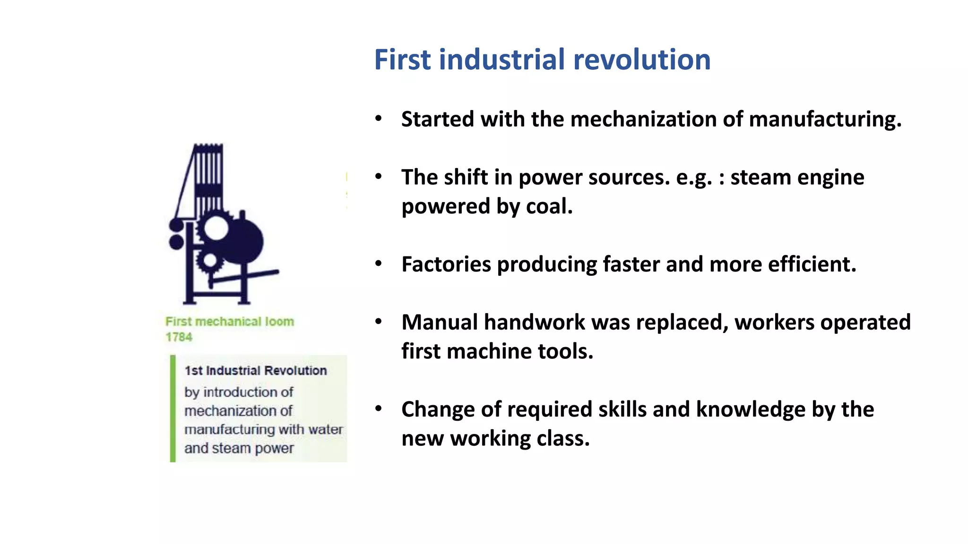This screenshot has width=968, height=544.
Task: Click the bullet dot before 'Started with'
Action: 378,119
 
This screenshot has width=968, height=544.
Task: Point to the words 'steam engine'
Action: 797,178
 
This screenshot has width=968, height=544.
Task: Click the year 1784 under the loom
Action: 179,337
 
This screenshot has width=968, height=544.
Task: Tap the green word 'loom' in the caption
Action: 279,322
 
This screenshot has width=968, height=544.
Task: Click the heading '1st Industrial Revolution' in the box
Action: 255,371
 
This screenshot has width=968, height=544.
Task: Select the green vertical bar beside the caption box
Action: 173,408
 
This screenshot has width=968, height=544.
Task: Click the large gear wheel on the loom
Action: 216,228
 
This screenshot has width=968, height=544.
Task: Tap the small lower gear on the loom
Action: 209,261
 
